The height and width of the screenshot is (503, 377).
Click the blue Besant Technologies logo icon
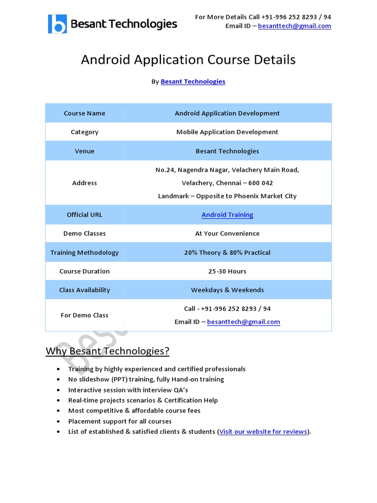click(57, 24)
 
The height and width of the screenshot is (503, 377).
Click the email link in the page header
click(295, 26)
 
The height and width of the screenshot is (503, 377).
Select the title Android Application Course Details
click(188, 60)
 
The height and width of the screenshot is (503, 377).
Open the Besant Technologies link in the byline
click(193, 82)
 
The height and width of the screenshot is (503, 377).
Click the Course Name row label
click(84, 113)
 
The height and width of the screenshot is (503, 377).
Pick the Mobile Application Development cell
click(227, 132)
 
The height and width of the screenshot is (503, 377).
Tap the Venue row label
click(84, 151)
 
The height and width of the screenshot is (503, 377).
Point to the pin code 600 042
click(261, 183)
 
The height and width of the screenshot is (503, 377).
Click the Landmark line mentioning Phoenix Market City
click(227, 196)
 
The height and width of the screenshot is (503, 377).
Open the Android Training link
click(227, 215)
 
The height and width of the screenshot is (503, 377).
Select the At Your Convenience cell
click(227, 234)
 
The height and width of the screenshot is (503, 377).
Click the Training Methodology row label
click(84, 252)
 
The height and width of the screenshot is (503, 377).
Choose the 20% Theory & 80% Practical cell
click(227, 252)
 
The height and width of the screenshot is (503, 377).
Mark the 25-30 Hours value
click(227, 271)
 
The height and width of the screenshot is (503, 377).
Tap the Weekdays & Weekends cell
click(227, 290)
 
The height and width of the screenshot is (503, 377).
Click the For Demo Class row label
click(84, 315)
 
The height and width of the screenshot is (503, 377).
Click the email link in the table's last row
click(243, 322)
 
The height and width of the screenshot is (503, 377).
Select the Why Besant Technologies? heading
click(108, 351)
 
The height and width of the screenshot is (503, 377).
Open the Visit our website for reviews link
click(263, 432)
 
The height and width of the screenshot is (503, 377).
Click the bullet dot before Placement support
click(59, 421)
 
